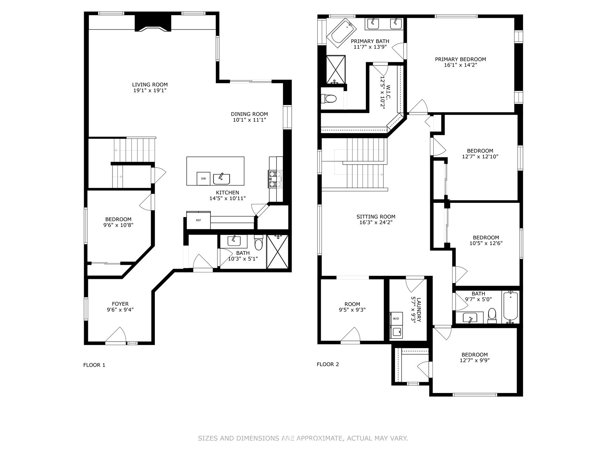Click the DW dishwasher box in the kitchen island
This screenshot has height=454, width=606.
[203, 179]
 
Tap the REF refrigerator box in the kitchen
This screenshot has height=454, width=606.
[198, 220]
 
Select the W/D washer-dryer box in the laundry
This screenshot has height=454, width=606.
[396, 319]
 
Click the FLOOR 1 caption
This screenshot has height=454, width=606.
[94, 365]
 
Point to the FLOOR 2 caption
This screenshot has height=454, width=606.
[328, 364]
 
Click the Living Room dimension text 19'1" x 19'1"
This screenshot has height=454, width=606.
[150, 90]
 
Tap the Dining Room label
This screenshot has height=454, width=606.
[249, 114]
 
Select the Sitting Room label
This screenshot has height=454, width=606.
[376, 217]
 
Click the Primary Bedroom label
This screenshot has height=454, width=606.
[461, 59]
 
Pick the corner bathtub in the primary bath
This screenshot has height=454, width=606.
[342, 33]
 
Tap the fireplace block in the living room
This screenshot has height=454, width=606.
[153, 23]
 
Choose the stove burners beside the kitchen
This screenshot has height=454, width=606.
[275, 179]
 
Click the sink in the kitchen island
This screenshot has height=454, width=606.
[222, 179]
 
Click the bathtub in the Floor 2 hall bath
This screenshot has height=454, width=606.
[511, 307]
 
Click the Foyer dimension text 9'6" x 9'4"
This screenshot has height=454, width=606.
[120, 309]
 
